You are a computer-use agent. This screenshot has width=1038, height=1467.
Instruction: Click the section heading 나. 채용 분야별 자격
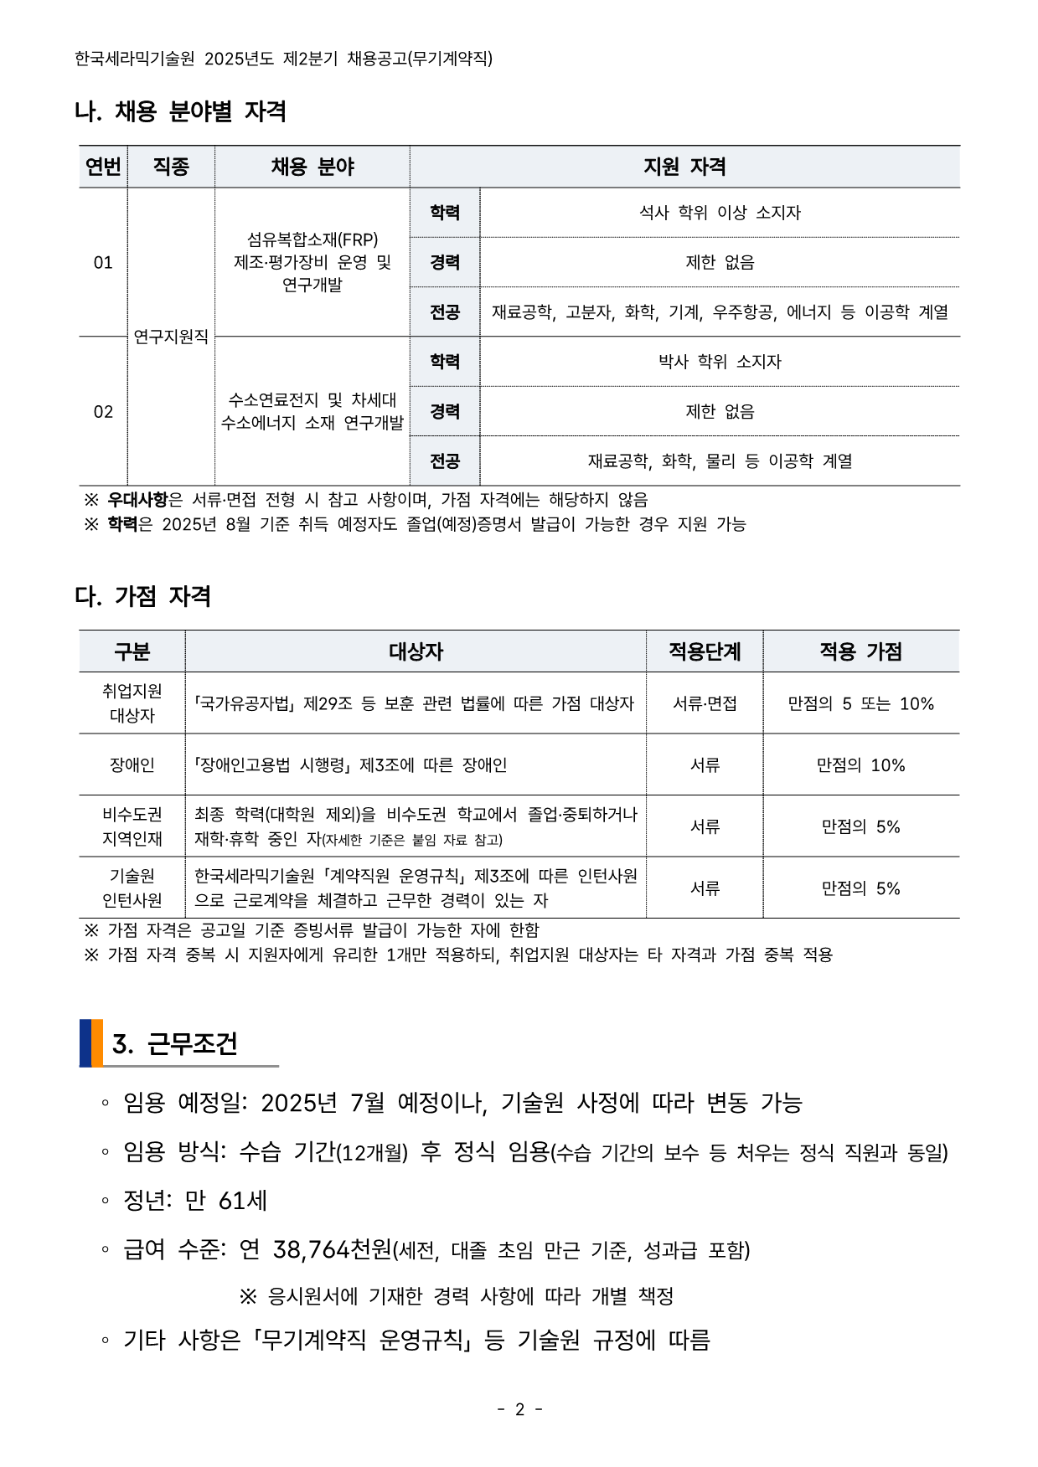tap(180, 111)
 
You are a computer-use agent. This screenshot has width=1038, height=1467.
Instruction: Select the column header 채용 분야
tap(312, 167)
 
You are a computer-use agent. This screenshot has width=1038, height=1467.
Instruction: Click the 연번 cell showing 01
tap(103, 263)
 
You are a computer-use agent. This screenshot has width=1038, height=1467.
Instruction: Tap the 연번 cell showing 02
tap(103, 412)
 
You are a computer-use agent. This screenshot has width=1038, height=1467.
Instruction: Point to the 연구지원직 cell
tap(171, 337)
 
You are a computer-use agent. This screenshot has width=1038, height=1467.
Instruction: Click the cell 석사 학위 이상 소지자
tap(720, 213)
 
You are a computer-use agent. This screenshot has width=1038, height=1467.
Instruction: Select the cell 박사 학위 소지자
tap(720, 362)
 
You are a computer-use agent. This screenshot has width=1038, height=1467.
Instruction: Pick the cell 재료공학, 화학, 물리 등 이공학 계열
tap(720, 461)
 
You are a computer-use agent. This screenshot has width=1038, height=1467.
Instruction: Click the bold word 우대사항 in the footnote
tap(137, 500)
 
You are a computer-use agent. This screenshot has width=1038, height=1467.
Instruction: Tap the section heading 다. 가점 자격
tap(142, 596)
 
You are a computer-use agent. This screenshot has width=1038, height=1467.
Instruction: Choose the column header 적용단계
tap(705, 651)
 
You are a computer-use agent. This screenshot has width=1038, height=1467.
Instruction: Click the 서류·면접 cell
tap(705, 703)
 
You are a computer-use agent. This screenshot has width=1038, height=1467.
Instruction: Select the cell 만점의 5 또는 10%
tap(860, 703)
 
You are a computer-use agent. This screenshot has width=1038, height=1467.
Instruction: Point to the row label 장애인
tap(132, 765)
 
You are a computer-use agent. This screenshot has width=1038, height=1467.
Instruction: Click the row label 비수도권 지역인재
tap(132, 826)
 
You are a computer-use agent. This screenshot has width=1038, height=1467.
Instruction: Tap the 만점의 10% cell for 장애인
tap(860, 765)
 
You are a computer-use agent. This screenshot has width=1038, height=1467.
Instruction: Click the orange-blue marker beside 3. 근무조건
tap(91, 1043)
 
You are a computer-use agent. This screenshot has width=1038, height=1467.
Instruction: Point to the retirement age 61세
tap(242, 1201)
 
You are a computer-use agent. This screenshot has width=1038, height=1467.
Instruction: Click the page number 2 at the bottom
tap(519, 1410)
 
